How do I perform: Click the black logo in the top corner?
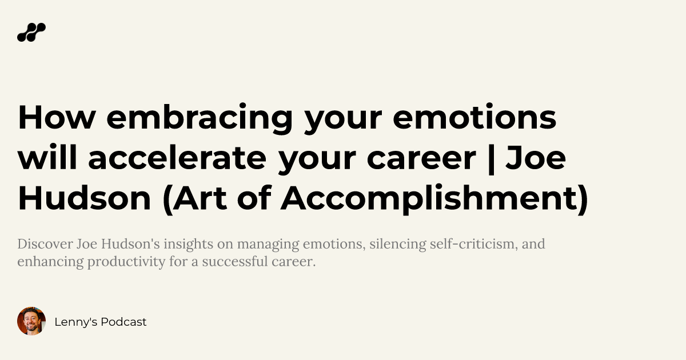(x=31, y=33)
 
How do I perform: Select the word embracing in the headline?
(x=199, y=118)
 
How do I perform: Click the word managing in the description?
(x=268, y=245)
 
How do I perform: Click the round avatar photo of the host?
(x=31, y=321)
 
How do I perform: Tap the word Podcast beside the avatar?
(x=123, y=322)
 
